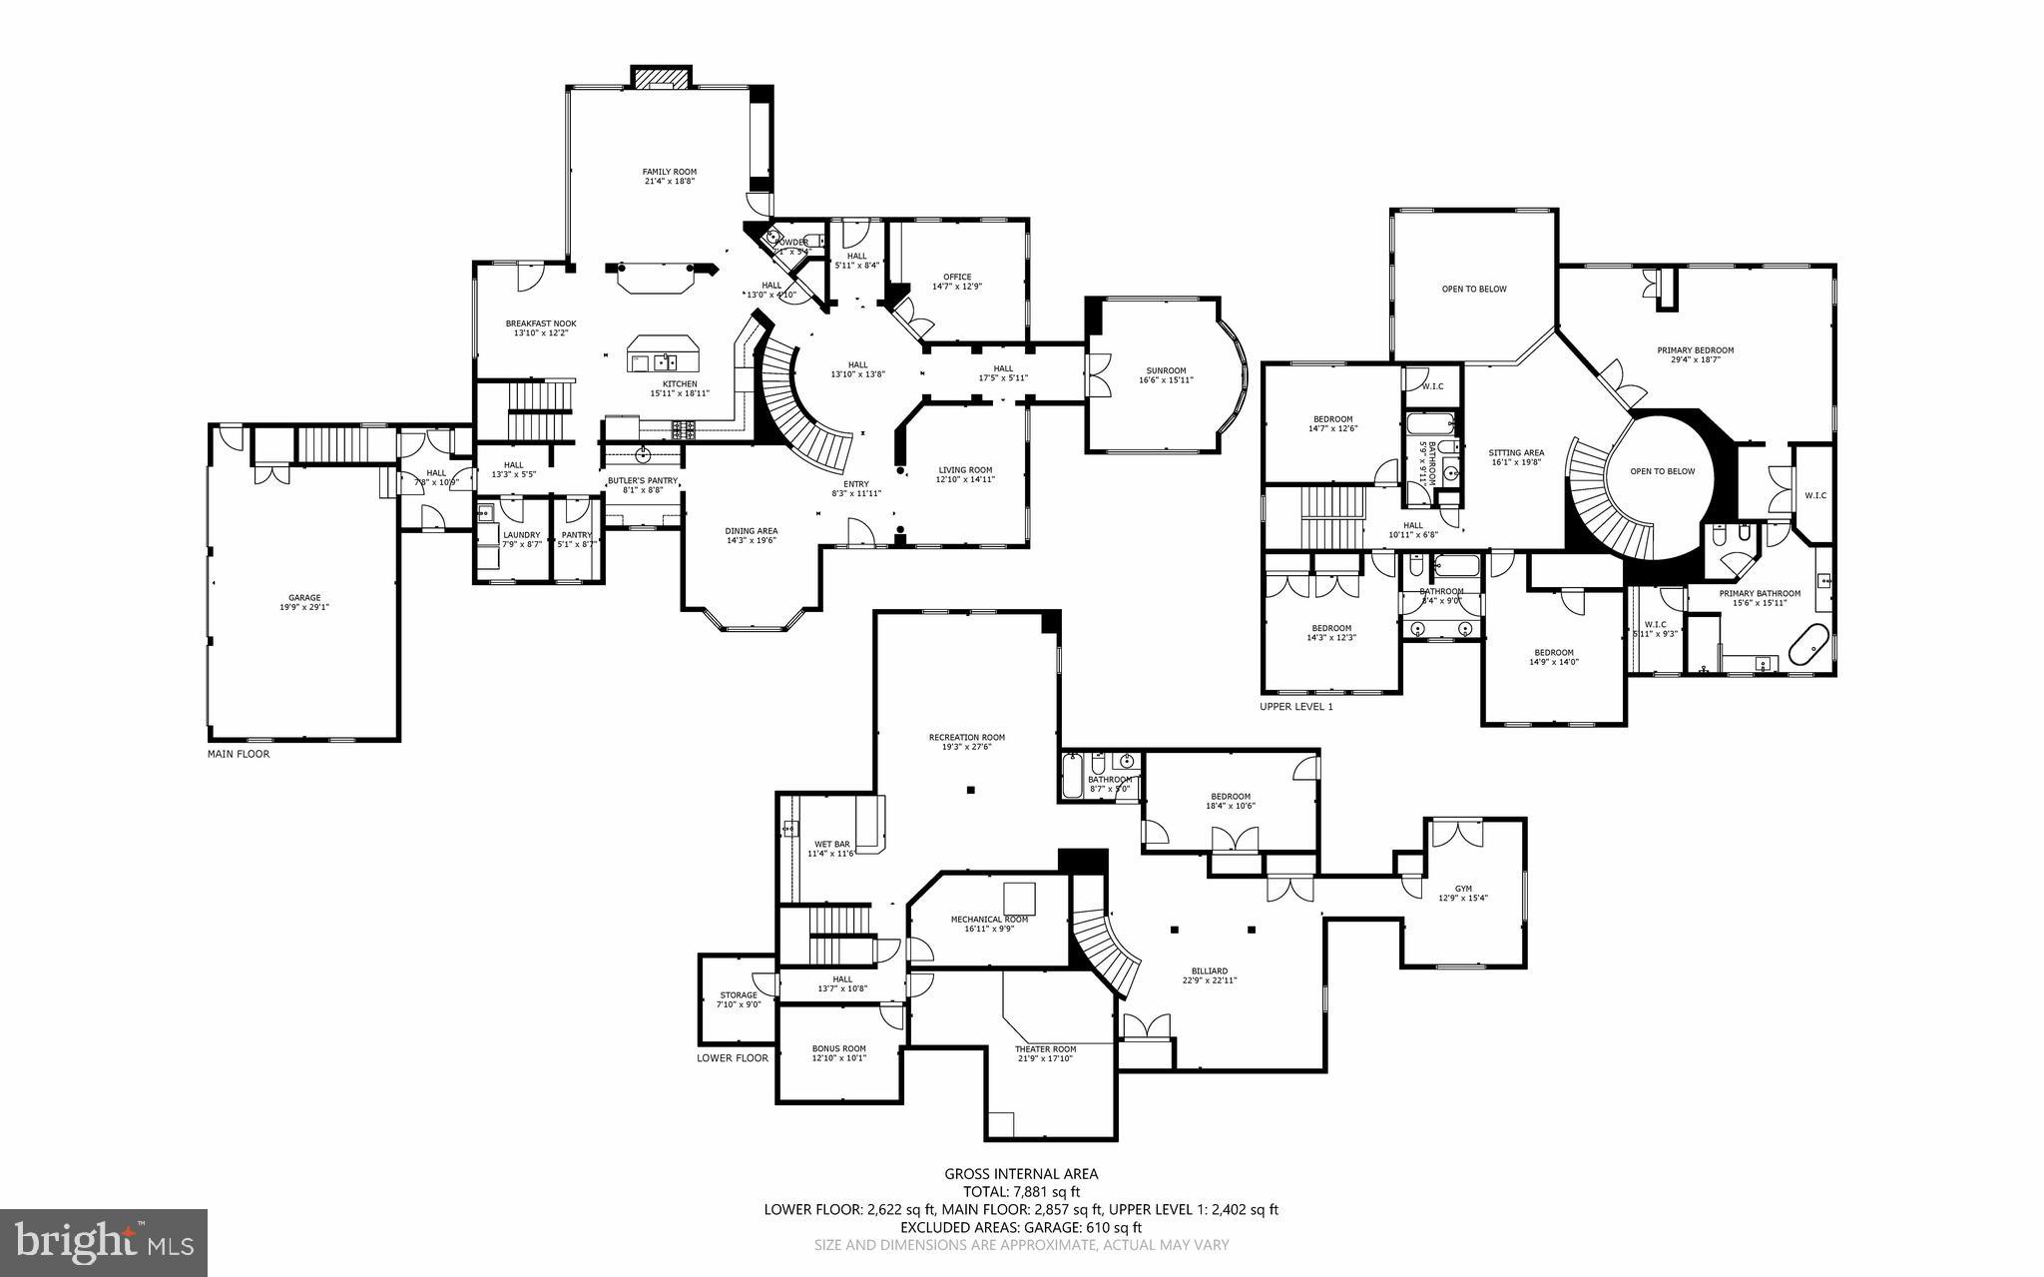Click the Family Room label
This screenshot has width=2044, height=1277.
coord(669,177)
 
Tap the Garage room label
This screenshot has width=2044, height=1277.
coord(305,602)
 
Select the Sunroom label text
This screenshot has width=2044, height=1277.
coord(1166,374)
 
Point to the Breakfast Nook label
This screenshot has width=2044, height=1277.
coord(540,327)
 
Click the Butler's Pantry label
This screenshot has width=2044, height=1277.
coord(643,484)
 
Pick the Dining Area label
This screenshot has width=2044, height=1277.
coord(751,535)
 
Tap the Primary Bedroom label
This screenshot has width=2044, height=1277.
coord(1695,354)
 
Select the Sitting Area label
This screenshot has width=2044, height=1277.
coord(1516,456)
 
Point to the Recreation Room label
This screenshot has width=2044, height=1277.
coord(966,742)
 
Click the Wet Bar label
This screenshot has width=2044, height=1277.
coord(831,849)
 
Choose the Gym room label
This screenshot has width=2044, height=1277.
coord(1463,893)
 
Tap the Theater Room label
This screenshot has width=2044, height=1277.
coord(1045,1053)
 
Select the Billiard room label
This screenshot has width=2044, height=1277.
coord(1209,974)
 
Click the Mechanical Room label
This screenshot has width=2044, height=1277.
coord(989,924)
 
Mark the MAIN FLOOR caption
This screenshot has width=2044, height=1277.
coord(239,754)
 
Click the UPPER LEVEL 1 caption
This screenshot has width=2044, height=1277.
coord(1296,706)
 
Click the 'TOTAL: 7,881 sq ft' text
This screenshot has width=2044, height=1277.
coord(1021,1191)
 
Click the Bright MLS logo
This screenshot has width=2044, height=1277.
coord(104,1242)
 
